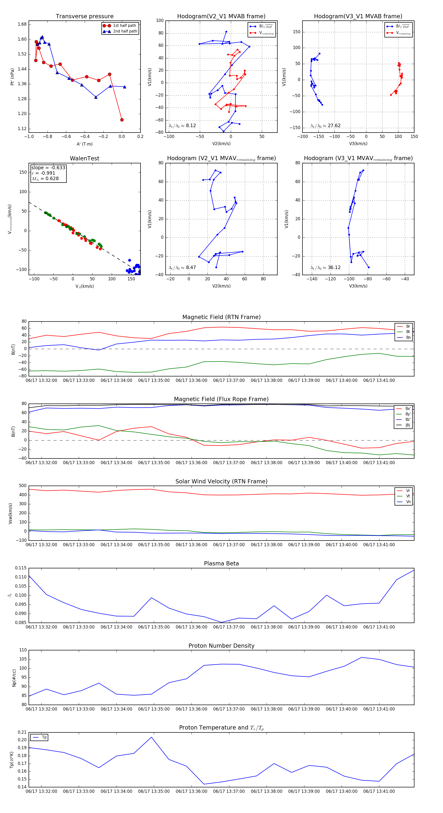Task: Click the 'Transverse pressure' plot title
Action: (x=84, y=17)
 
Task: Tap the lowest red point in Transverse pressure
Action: (x=122, y=120)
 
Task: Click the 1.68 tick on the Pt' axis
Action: (x=22, y=24)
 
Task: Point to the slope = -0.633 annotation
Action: (x=48, y=168)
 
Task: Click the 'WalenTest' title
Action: (x=84, y=158)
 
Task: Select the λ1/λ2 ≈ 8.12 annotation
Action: (x=182, y=126)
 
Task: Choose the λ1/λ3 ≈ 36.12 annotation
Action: (x=325, y=268)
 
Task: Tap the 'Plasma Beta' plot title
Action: (x=221, y=564)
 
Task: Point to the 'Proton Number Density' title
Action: (x=221, y=646)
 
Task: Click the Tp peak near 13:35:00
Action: (x=152, y=737)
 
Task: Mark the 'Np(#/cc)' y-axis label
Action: (x=14, y=678)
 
